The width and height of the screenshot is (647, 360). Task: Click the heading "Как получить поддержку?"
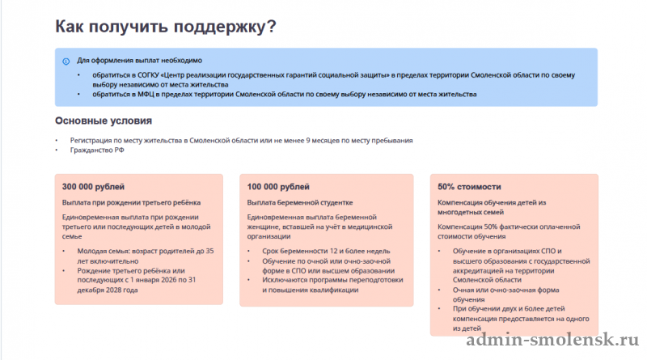166,27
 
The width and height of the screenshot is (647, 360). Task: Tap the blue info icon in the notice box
66,61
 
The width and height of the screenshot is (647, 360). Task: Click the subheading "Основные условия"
104,121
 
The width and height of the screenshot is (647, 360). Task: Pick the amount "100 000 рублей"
277,187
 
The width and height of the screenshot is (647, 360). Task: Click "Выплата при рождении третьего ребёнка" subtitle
131,202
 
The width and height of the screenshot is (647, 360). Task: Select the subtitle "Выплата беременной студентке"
300,202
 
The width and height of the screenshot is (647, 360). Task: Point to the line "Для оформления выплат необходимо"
139,61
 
